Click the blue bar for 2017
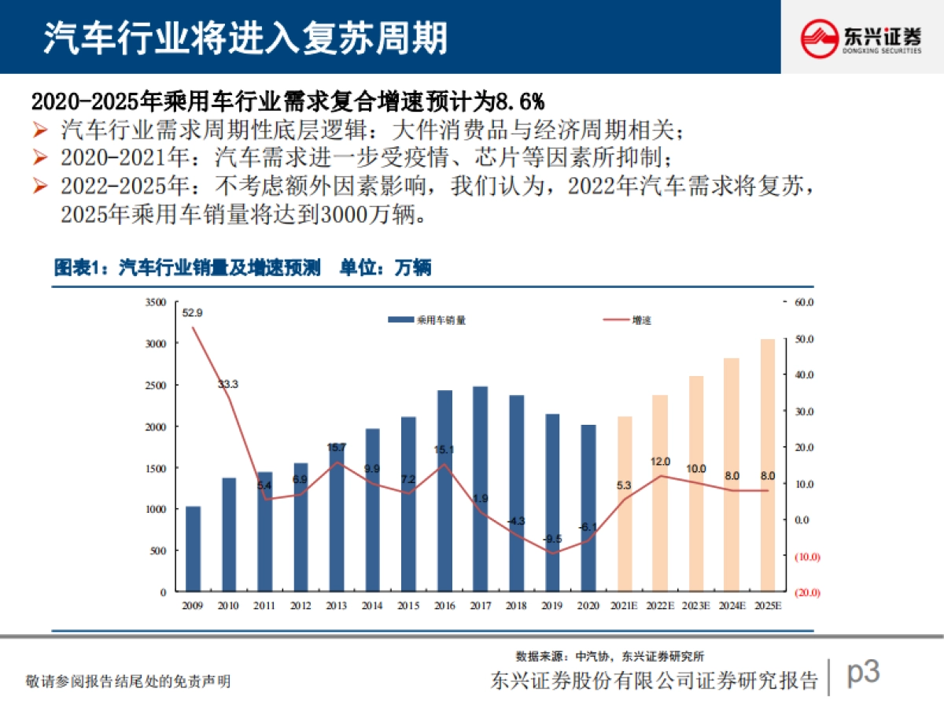click(x=480, y=488)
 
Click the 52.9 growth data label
click(x=192, y=312)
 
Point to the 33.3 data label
click(x=228, y=384)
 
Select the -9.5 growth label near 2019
click(x=553, y=539)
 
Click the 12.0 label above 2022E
click(x=660, y=461)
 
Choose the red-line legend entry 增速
click(x=629, y=320)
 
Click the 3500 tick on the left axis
click(x=156, y=302)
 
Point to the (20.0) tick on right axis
click(x=809, y=592)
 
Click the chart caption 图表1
click(x=79, y=268)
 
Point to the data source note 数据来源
click(x=543, y=655)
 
